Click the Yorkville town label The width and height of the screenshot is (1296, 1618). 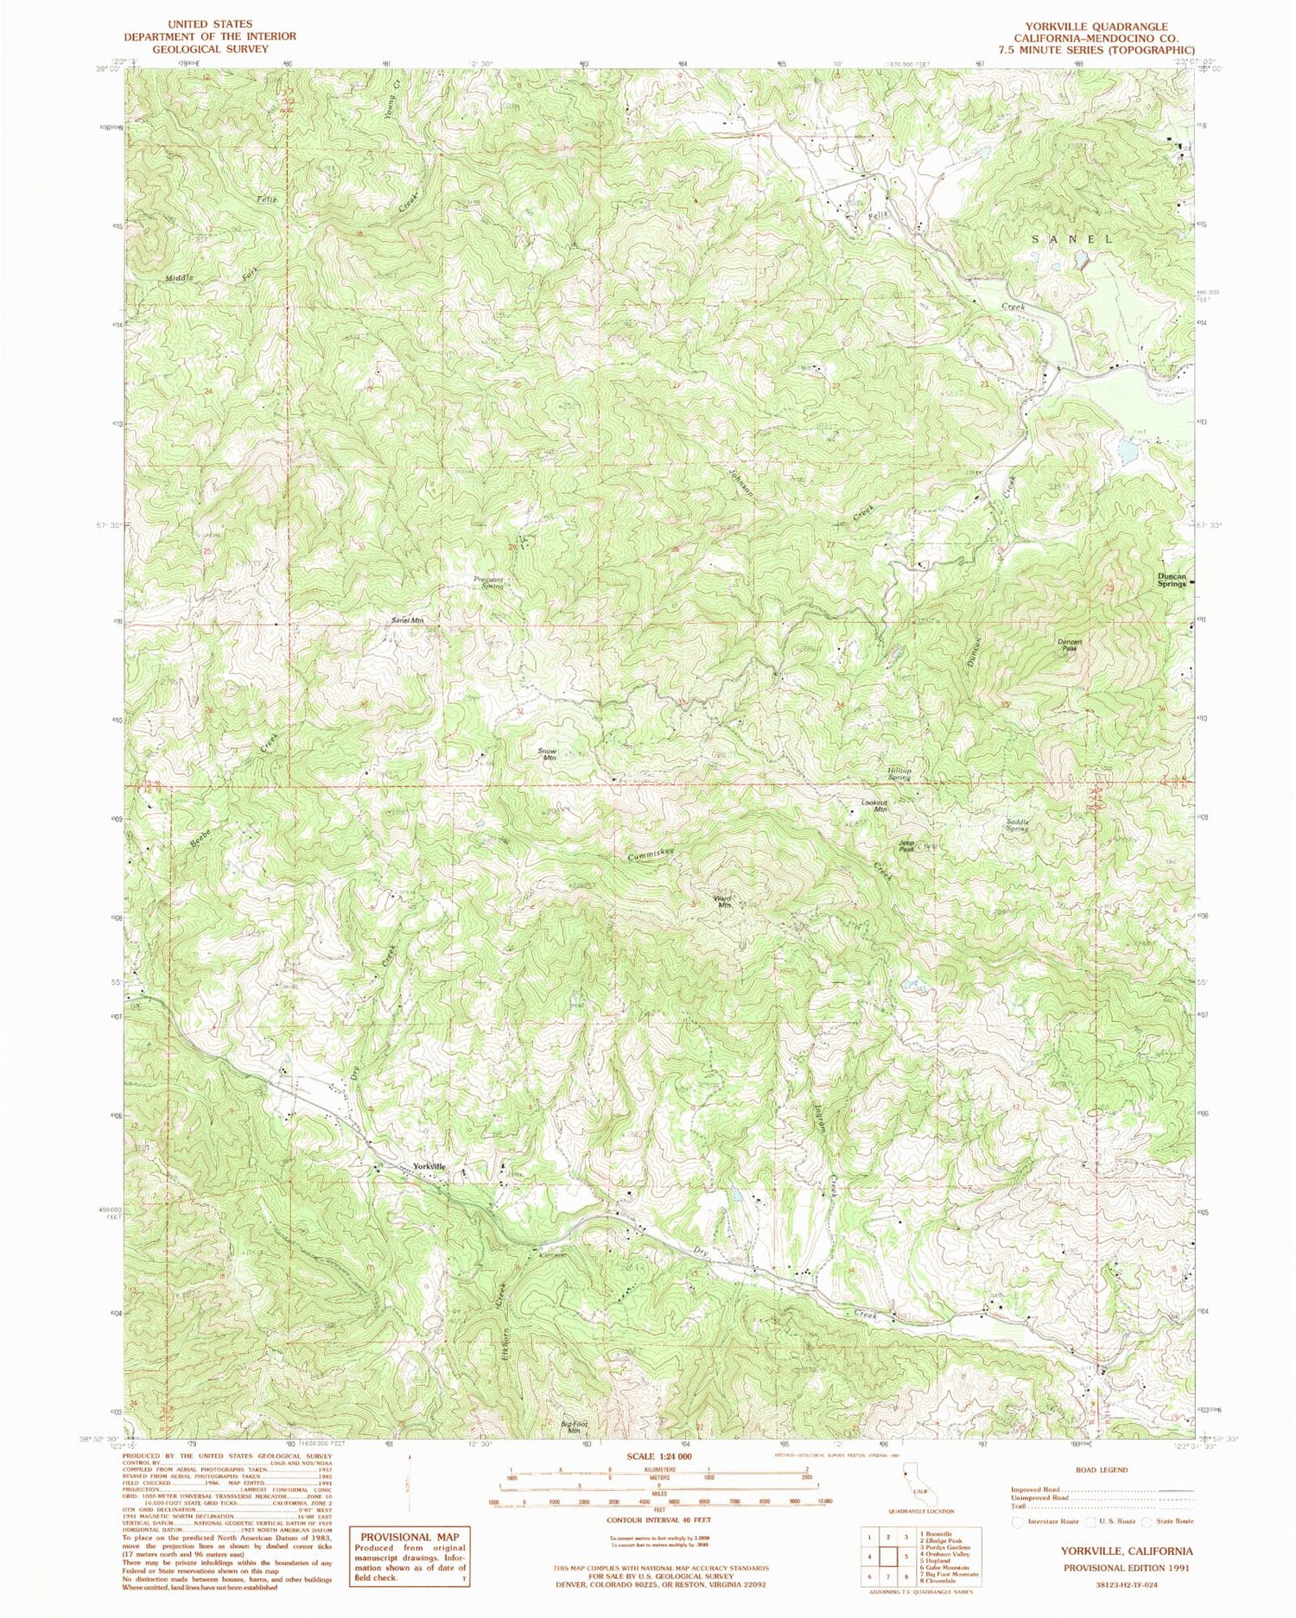click(x=429, y=1167)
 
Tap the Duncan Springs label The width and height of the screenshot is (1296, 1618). click(x=1172, y=581)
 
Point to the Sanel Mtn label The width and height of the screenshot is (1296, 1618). click(x=408, y=620)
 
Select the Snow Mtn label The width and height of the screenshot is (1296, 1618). click(x=549, y=753)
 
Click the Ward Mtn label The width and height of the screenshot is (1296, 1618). click(x=723, y=900)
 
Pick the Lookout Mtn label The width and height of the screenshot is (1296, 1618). click(x=875, y=805)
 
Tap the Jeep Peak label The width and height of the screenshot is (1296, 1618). click(x=905, y=847)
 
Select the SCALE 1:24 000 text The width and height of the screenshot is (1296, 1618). click(x=659, y=1456)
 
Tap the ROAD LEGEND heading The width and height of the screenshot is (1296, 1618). click(x=1102, y=1469)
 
